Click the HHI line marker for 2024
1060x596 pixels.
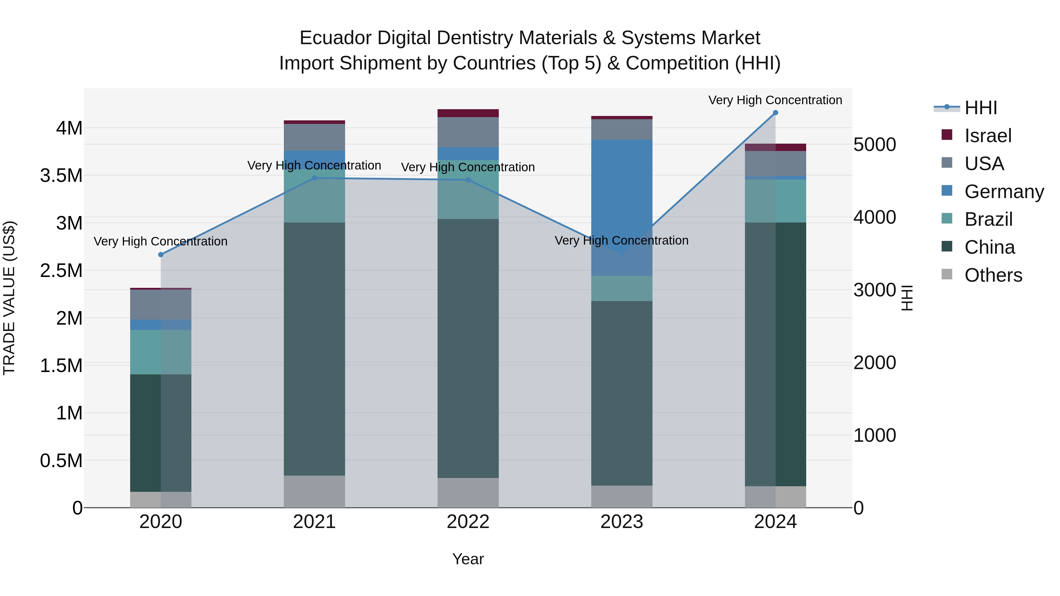click(x=775, y=113)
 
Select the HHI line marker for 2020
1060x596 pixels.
click(x=161, y=255)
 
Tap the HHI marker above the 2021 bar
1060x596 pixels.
click(x=314, y=178)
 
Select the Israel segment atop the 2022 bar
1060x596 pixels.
click(x=468, y=113)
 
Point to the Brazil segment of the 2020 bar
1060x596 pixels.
click(x=161, y=352)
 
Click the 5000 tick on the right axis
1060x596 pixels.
click(x=874, y=145)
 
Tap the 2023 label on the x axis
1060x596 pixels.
click(x=622, y=522)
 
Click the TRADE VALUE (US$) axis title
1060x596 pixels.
click(x=9, y=298)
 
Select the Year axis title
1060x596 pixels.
click(x=468, y=559)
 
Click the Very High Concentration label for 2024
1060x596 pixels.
click(x=775, y=100)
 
